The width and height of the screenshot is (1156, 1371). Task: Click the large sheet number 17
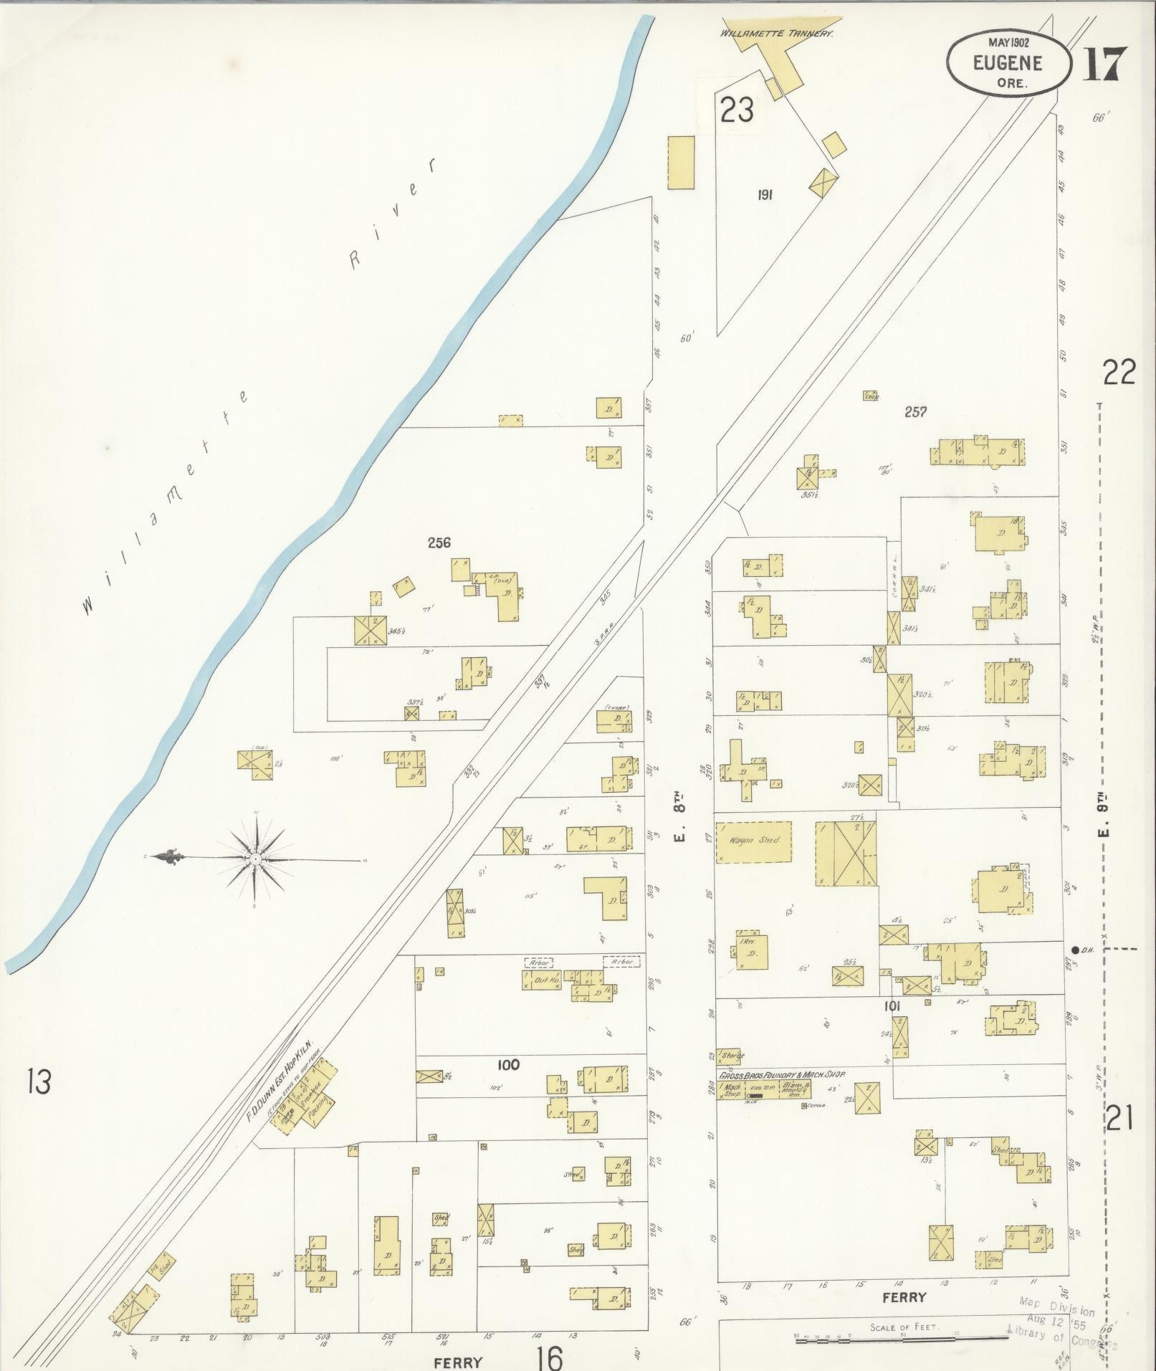tap(1104, 65)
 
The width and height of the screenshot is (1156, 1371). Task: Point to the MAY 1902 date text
tap(1008, 43)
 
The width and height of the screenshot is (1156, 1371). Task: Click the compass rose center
tap(256, 858)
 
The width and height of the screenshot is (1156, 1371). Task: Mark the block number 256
tap(439, 543)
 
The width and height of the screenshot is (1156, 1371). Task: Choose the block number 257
tap(915, 411)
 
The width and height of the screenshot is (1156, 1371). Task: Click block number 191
tap(764, 194)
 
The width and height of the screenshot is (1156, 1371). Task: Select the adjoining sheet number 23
tap(737, 111)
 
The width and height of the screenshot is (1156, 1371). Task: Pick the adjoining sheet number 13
tap(39, 1081)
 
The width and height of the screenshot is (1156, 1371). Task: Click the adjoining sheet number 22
tap(1119, 373)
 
